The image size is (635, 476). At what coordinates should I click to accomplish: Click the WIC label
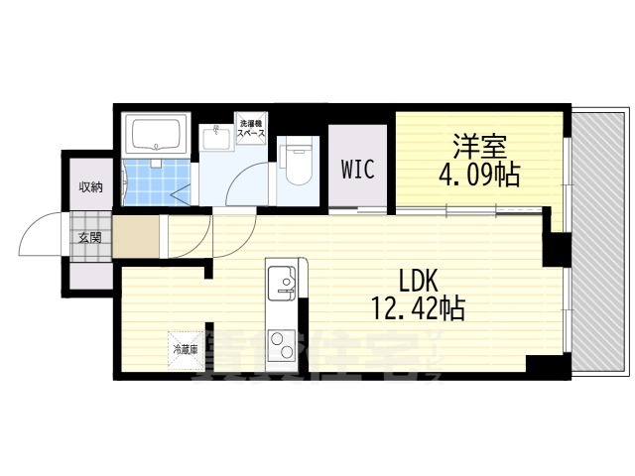click(357, 169)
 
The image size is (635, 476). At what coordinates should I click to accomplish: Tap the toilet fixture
click(295, 162)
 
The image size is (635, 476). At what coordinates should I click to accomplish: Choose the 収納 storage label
click(90, 187)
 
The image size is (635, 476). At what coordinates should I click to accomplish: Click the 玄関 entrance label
click(90, 237)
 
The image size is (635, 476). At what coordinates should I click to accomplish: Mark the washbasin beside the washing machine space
click(214, 138)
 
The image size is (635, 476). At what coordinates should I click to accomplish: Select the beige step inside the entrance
click(134, 238)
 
